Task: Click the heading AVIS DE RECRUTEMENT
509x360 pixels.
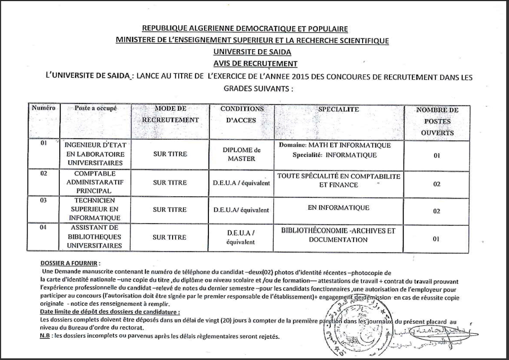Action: coord(255,64)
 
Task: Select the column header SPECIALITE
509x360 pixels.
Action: coord(339,110)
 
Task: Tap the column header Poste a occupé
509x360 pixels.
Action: coord(95,108)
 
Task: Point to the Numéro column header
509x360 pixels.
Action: coord(44,107)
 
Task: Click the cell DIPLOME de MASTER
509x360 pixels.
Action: coord(241,154)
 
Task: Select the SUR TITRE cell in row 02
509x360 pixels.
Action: coord(169,182)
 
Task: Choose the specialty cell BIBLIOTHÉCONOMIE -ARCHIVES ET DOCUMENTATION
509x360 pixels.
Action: coord(338,235)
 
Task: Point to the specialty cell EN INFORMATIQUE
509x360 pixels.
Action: coord(339,208)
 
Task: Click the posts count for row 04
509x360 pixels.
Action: coord(436,239)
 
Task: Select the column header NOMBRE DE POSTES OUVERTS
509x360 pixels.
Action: coord(437,121)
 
